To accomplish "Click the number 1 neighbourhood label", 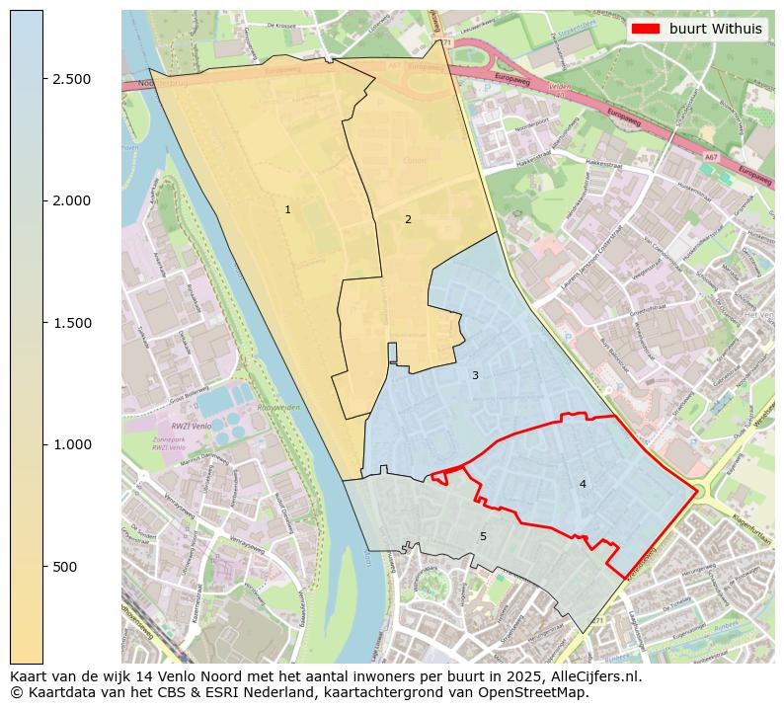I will pyautogui.click(x=287, y=209).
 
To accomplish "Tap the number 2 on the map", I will pyautogui.click(x=408, y=219).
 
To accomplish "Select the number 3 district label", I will pyautogui.click(x=475, y=375).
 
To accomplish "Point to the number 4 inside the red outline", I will pyautogui.click(x=583, y=484).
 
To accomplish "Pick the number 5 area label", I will pyautogui.click(x=483, y=536).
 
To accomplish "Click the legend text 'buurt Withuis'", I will pyautogui.click(x=715, y=29).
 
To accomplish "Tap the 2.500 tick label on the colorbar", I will pyautogui.click(x=72, y=79).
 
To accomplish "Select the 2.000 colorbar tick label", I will pyautogui.click(x=72, y=200).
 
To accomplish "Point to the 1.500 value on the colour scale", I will pyautogui.click(x=72, y=323).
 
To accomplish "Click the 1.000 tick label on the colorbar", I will pyautogui.click(x=72, y=444).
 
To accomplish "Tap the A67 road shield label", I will pyautogui.click(x=711, y=157).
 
